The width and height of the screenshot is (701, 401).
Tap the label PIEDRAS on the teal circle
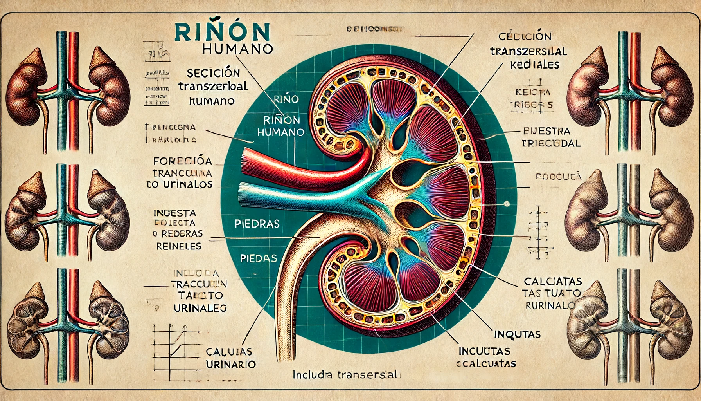coord(257,224)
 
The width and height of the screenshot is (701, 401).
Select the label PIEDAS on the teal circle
coord(258,258)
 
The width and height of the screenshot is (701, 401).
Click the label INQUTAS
coord(517,334)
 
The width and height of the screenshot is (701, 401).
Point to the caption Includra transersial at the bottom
coord(347,375)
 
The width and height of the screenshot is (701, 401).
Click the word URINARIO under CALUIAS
coord(230,364)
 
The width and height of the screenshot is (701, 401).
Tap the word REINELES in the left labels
coord(179,246)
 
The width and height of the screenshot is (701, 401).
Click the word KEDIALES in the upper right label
coord(534,65)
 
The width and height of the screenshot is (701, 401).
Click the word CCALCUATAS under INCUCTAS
coord(486,363)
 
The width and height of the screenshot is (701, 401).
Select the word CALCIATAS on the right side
coord(552,281)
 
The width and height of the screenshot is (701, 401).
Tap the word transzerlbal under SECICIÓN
coord(213,86)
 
